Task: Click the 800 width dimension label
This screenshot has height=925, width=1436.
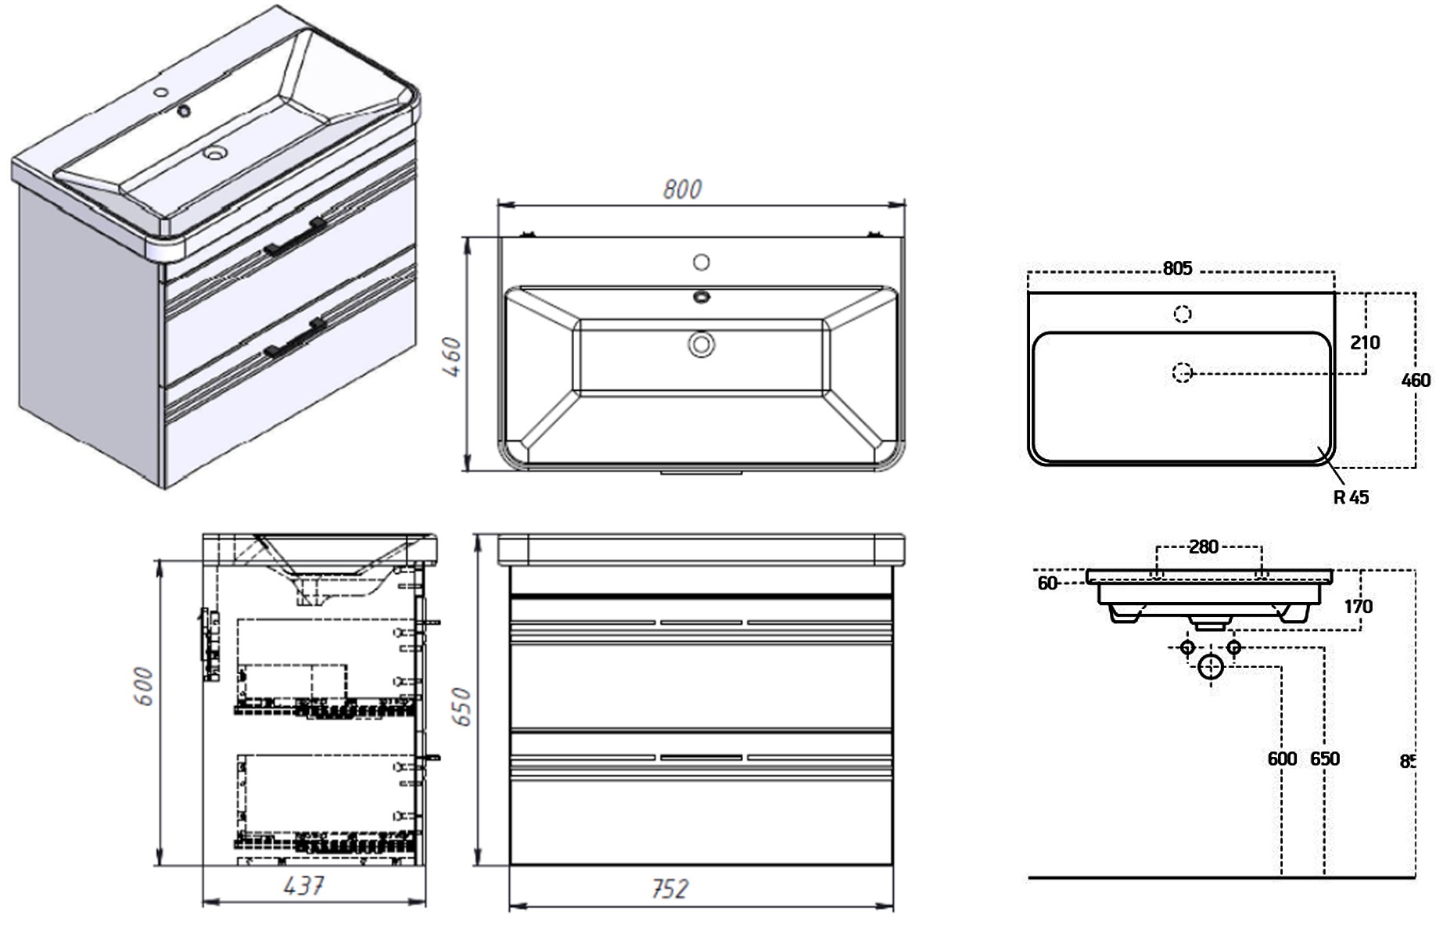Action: (x=682, y=189)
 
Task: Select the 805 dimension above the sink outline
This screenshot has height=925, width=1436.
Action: (x=1177, y=269)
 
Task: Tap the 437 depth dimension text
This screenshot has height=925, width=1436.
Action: (x=303, y=886)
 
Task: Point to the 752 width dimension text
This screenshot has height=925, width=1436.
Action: (x=670, y=889)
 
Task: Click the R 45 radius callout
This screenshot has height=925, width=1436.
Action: (x=1352, y=497)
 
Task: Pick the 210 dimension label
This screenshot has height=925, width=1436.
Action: (x=1365, y=342)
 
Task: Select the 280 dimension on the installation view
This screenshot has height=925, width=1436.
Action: (x=1204, y=547)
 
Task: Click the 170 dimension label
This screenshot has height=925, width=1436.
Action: (x=1359, y=607)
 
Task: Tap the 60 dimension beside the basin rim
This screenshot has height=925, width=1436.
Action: (x=1047, y=583)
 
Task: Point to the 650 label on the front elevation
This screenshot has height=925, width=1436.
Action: (x=462, y=706)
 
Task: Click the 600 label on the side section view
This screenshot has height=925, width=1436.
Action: (x=145, y=686)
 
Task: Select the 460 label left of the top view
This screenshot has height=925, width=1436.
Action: (x=454, y=356)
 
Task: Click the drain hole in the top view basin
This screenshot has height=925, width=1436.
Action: (x=702, y=343)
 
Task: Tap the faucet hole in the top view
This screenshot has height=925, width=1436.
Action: (x=702, y=262)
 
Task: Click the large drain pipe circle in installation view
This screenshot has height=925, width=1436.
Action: (x=1211, y=667)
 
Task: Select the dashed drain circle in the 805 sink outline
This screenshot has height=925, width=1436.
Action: (x=1183, y=373)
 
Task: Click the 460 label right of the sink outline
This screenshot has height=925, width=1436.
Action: (x=1416, y=381)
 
